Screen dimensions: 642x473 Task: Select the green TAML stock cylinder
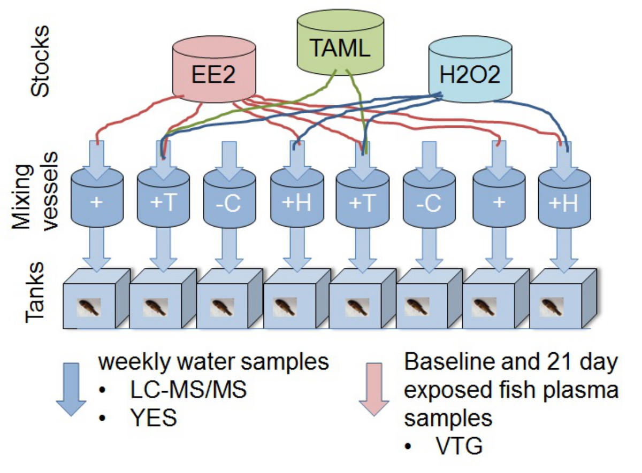(x=340, y=42)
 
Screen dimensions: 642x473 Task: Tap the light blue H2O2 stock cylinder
(x=470, y=69)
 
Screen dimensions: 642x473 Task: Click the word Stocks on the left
(x=40, y=61)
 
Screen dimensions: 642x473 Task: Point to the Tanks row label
(x=35, y=292)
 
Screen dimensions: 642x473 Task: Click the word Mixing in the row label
(x=21, y=197)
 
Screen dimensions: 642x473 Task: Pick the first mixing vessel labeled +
(x=97, y=198)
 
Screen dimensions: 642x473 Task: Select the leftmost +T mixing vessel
(x=163, y=198)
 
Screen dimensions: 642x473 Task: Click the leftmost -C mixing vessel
(x=230, y=198)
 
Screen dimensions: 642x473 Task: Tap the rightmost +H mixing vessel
(x=564, y=198)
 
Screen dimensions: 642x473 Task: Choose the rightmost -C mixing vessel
(x=429, y=198)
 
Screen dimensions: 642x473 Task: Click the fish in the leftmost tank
(x=89, y=307)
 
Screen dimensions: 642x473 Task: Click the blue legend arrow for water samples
(x=71, y=390)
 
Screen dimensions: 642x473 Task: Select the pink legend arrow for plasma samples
(x=374, y=390)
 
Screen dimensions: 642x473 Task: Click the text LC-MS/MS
(x=188, y=390)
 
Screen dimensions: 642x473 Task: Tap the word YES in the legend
(x=154, y=418)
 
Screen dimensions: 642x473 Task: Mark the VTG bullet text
(x=459, y=446)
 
